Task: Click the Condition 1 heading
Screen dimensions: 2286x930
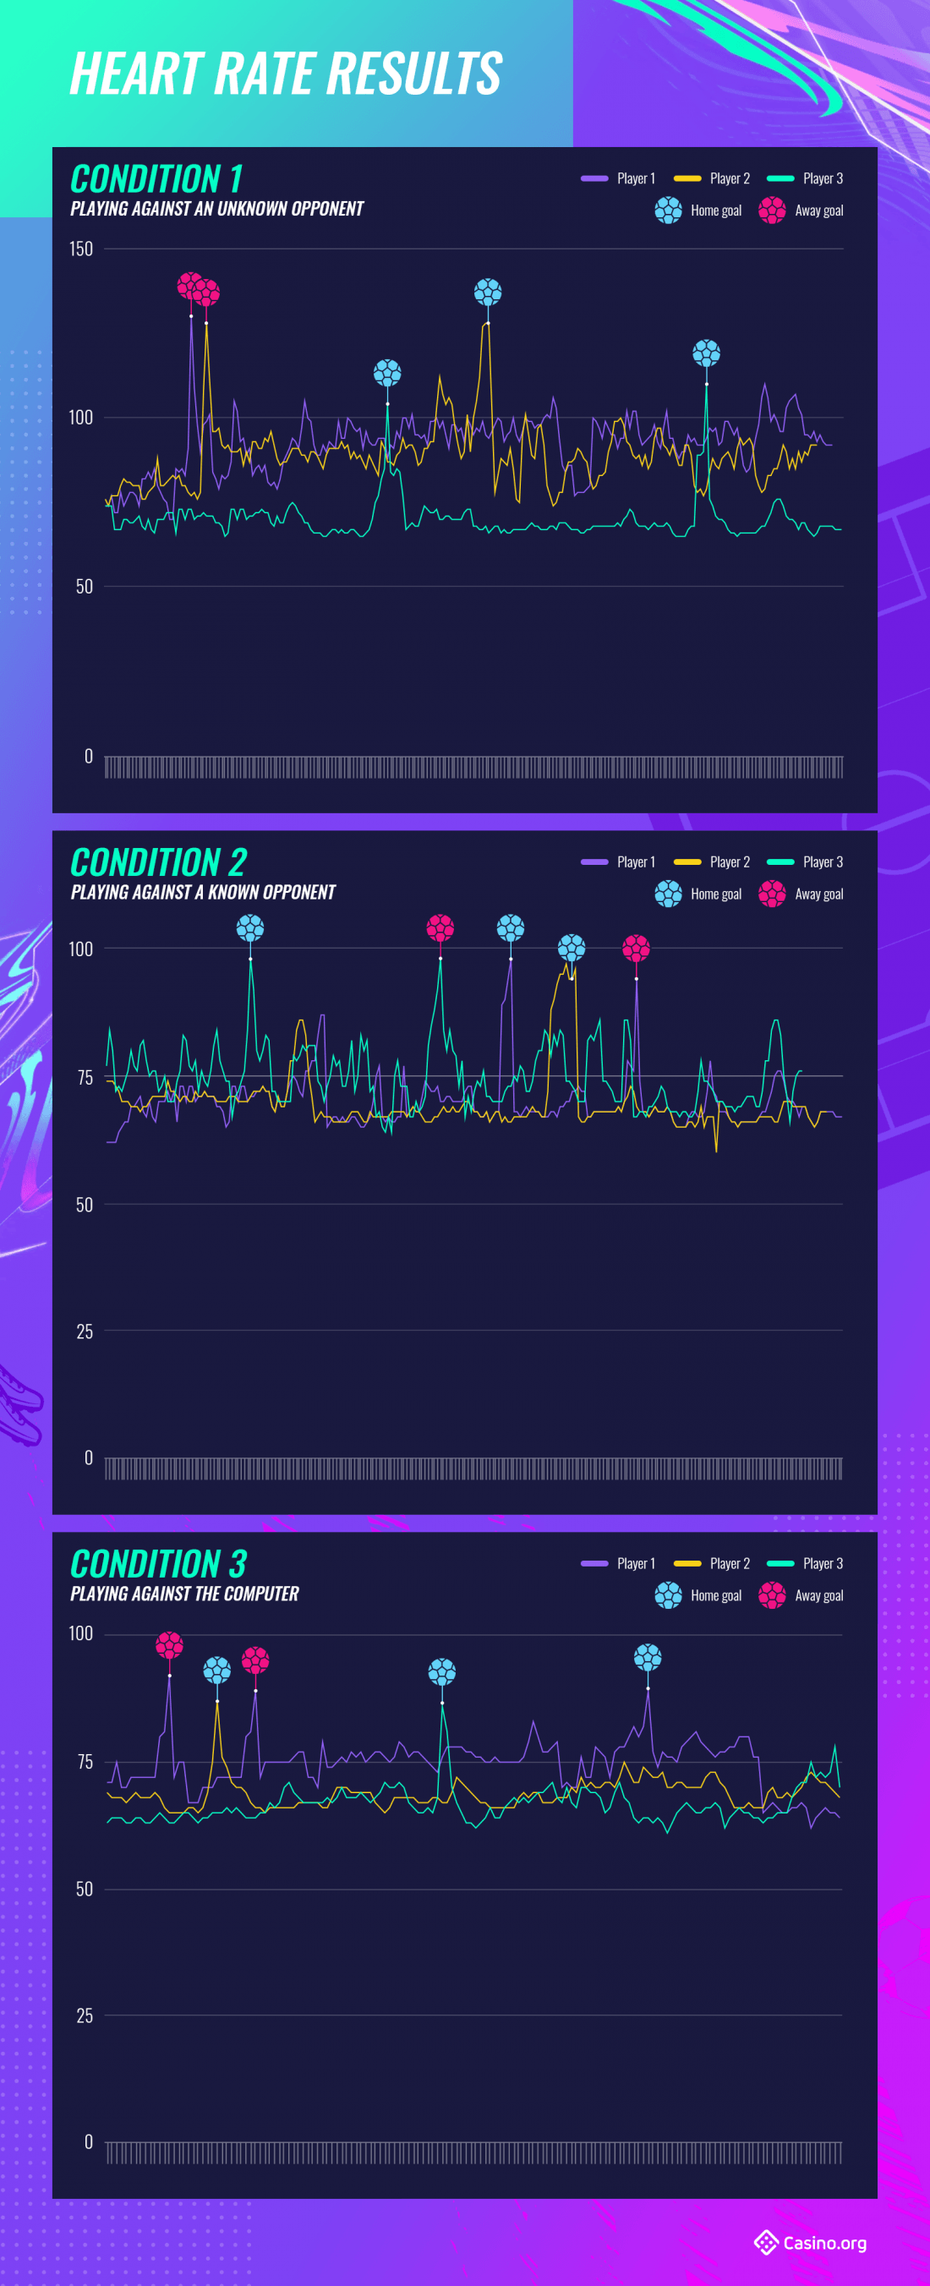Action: point(156,179)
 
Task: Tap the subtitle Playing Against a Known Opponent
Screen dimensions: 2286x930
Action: point(203,892)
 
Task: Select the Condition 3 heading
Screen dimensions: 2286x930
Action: point(159,1565)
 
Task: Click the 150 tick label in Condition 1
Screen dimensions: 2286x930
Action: point(81,249)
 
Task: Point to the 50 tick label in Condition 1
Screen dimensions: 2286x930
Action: point(84,587)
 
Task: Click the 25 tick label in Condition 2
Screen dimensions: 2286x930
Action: point(85,1332)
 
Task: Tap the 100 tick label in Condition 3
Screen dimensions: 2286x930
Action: point(81,1633)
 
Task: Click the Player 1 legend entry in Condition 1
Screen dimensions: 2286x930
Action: point(619,178)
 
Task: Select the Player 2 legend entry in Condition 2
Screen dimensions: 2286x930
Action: point(712,861)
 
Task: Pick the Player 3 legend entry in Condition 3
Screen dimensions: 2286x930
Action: point(805,1564)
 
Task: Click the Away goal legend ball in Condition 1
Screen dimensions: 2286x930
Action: point(772,211)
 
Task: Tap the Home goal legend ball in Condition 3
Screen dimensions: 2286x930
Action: point(668,1595)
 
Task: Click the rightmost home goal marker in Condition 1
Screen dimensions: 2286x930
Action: point(706,353)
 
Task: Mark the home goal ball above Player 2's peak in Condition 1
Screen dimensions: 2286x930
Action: point(488,292)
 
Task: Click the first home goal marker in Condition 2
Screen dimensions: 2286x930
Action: point(250,928)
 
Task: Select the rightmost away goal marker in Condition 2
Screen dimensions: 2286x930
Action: point(637,949)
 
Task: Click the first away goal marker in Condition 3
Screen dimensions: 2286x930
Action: point(169,1645)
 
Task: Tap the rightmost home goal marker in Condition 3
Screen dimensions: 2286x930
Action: point(648,1657)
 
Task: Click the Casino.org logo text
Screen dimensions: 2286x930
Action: point(824,2244)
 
